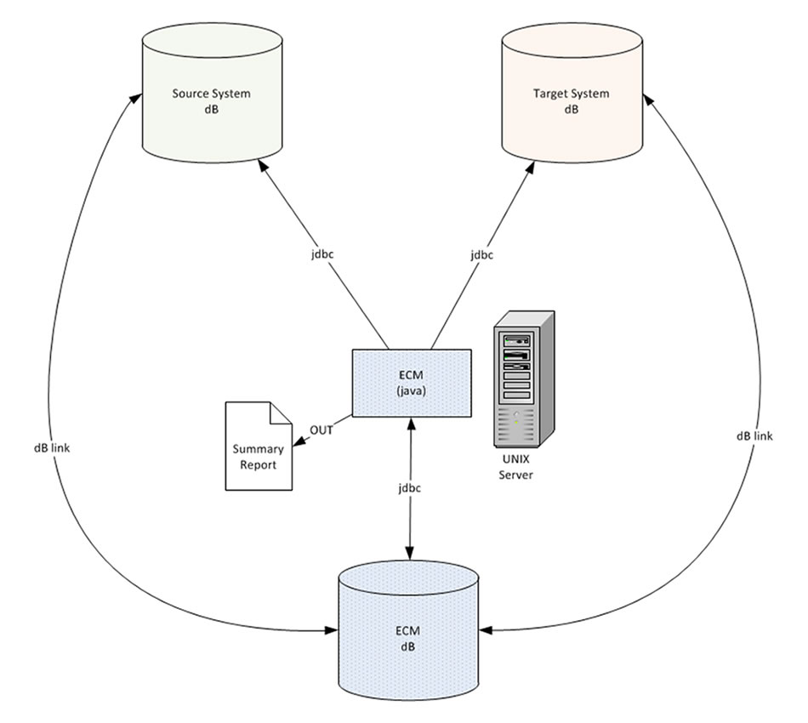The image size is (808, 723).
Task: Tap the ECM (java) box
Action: (x=412, y=382)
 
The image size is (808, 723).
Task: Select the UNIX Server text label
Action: (x=515, y=468)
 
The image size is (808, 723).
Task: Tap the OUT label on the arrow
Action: (x=321, y=430)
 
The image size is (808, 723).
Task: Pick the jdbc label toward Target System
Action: (x=481, y=254)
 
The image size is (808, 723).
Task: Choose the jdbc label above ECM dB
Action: (x=410, y=488)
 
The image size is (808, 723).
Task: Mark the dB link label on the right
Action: (x=754, y=436)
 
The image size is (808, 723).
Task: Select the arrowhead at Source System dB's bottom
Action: (x=257, y=167)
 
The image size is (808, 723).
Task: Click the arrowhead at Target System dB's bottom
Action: (x=534, y=167)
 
